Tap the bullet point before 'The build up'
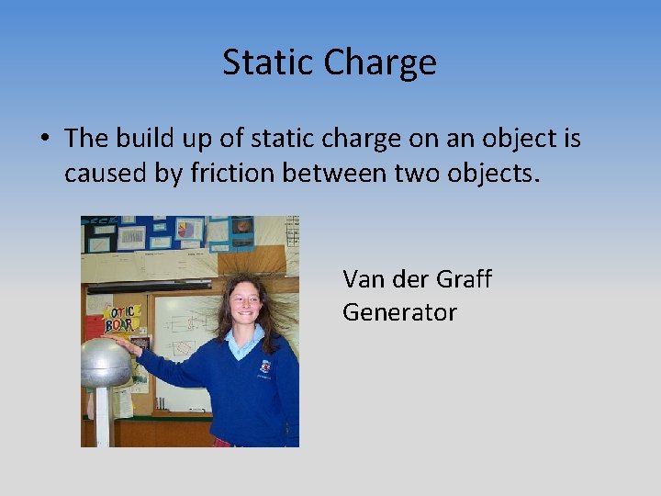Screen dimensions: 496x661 (44, 139)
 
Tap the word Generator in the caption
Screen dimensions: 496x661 (399, 312)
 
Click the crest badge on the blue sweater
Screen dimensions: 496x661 (265, 366)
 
